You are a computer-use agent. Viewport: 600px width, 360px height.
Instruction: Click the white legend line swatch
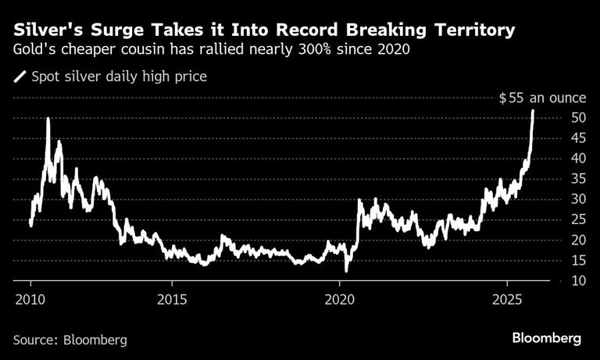(x=20, y=77)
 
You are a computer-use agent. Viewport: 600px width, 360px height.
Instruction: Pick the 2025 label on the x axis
(x=507, y=299)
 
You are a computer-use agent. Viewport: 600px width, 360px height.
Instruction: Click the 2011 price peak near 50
(x=48, y=119)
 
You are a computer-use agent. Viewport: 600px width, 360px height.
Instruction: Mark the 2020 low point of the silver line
(x=345, y=270)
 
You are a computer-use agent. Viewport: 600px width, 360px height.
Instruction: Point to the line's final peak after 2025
(x=533, y=111)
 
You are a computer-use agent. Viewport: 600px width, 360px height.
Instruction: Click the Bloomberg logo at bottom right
(x=546, y=339)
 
